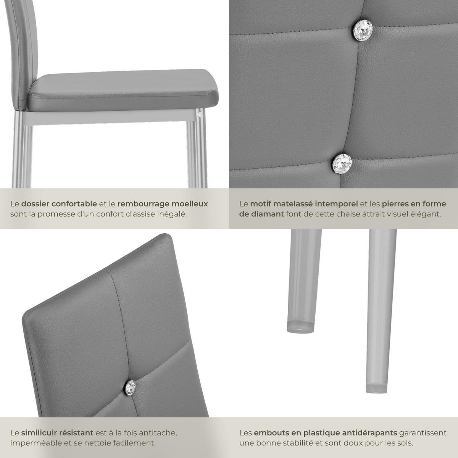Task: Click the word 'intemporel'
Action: [339, 204]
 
